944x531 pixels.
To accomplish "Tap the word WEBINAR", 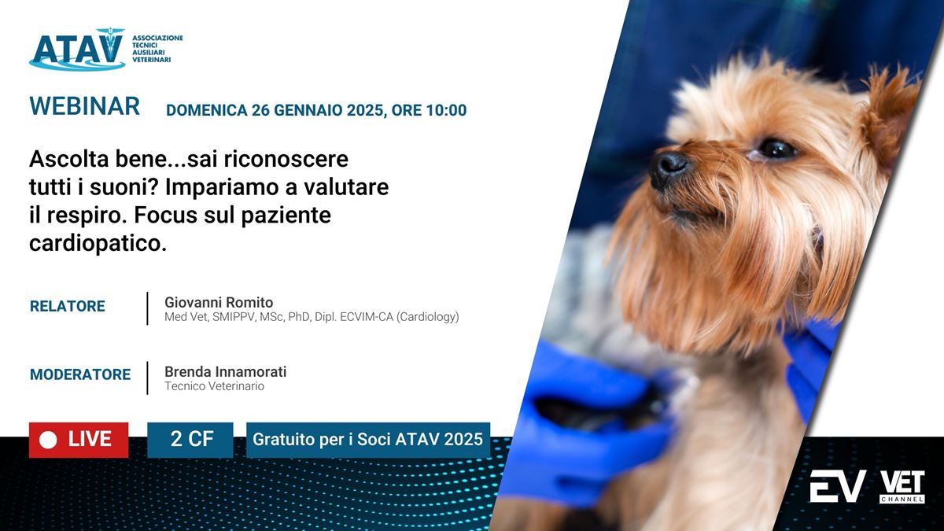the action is pyautogui.click(x=84, y=105).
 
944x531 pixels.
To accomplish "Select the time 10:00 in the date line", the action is pyautogui.click(x=446, y=110).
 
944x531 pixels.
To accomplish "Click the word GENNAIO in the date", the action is pyautogui.click(x=308, y=110).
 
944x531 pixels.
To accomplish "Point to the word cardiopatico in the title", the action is pyautogui.click(x=98, y=243).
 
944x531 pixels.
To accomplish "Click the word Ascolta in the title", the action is pyautogui.click(x=69, y=159).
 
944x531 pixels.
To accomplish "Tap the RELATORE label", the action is pyautogui.click(x=68, y=306).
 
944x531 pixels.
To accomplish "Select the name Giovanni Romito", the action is pyautogui.click(x=219, y=303).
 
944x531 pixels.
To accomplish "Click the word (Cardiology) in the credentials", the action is pyautogui.click(x=428, y=317).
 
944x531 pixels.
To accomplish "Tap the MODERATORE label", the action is pyautogui.click(x=80, y=374).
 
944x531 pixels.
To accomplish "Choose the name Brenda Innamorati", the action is pyautogui.click(x=226, y=371).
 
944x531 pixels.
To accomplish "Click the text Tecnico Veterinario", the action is pyautogui.click(x=215, y=386).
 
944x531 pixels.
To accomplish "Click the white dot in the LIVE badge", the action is pyautogui.click(x=48, y=441).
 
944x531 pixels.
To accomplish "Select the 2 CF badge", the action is pyautogui.click(x=190, y=440).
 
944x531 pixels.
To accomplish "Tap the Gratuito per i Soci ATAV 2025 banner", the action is pyautogui.click(x=368, y=440).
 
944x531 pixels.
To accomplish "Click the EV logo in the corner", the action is pyautogui.click(x=838, y=486).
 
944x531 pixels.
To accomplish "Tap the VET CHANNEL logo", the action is pyautogui.click(x=902, y=487).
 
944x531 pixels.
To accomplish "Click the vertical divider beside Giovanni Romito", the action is pyautogui.click(x=148, y=308).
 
